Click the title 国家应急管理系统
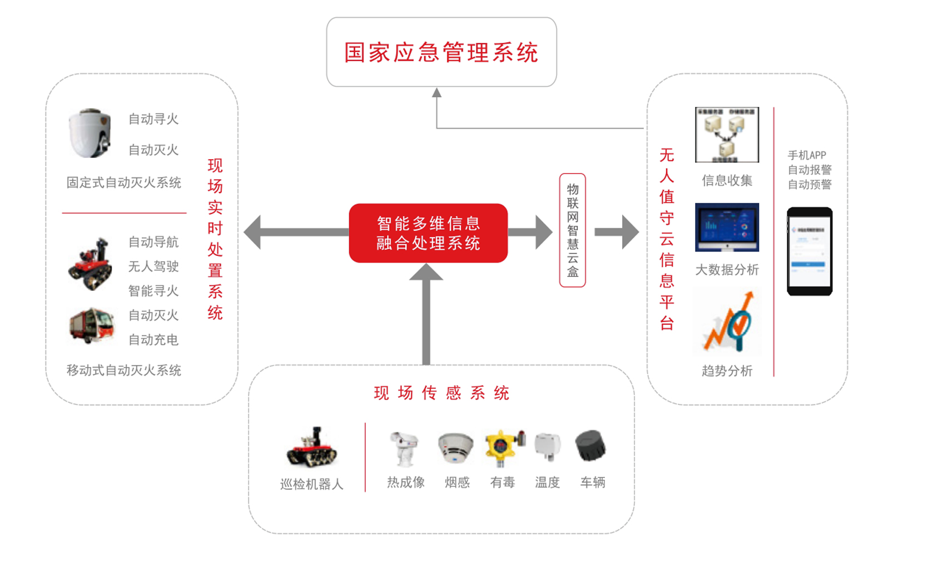pos(441,52)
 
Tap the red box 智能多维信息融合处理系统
pos(428,233)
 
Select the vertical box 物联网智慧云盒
pos(572,230)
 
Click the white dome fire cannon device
pos(90,132)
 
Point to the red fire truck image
pos(92,326)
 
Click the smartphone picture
pos(809,252)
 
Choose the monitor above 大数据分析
pos(727,228)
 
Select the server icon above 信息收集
pos(727,135)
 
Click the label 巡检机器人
pos(311,484)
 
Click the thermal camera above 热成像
pos(404,448)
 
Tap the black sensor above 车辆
pos(590,446)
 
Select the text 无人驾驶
pos(153,267)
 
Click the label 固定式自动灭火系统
pos(124,183)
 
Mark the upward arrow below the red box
pos(426,312)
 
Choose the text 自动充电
pos(153,340)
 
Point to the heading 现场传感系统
pos(441,393)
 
